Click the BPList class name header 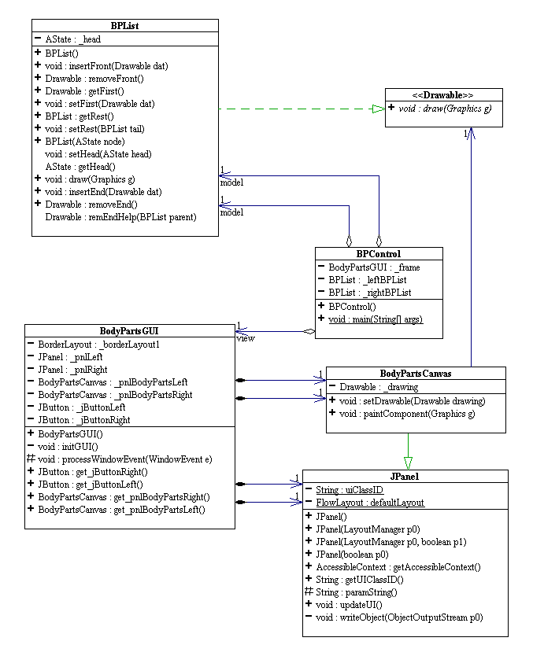click(125, 26)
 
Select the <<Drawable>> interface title click(443, 95)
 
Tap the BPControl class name click(379, 254)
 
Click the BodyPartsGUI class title click(129, 331)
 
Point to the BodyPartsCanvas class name click(416, 374)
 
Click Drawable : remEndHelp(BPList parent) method click(120, 216)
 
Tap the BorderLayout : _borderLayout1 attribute click(98, 344)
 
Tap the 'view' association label click(244, 339)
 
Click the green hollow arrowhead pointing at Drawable click(377, 109)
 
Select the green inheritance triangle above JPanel click(407, 463)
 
